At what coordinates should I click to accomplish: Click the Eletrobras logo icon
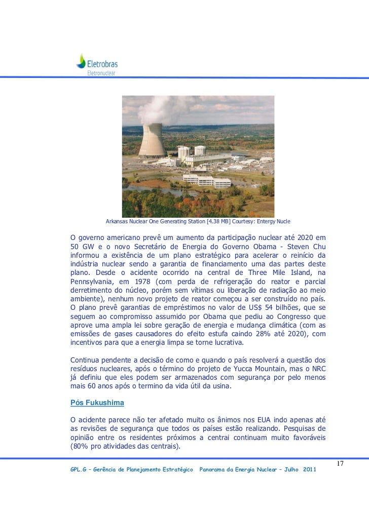[x=81, y=61]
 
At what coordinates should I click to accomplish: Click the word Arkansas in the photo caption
[x=117, y=222]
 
